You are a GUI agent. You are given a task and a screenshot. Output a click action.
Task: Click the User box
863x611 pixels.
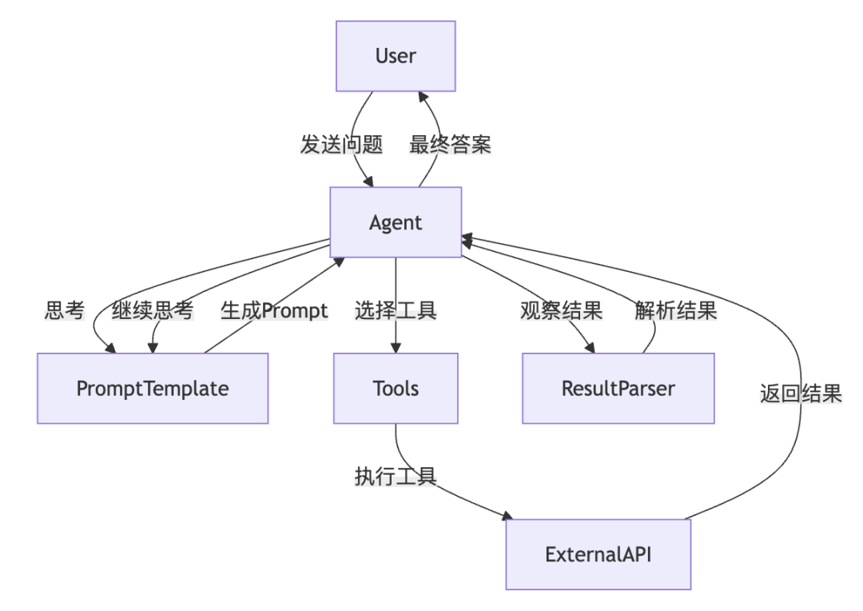(x=396, y=56)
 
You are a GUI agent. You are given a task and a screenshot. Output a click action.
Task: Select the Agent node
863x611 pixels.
(x=396, y=222)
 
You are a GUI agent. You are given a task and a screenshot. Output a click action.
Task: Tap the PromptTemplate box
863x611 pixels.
(x=153, y=389)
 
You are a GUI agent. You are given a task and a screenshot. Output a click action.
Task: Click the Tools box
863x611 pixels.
(x=396, y=389)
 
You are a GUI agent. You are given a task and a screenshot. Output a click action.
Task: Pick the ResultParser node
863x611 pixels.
(x=618, y=389)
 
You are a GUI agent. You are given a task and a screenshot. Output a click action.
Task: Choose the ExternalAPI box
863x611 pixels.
(x=598, y=554)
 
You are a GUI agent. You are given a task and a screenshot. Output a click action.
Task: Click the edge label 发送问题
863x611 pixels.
(x=341, y=145)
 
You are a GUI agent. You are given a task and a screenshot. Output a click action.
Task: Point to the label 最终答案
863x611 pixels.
(x=450, y=145)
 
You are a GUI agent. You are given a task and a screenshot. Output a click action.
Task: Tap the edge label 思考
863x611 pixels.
(x=65, y=311)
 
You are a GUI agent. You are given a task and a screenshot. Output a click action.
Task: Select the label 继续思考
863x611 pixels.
(x=152, y=311)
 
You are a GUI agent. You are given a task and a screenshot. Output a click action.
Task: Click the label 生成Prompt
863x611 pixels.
(x=274, y=311)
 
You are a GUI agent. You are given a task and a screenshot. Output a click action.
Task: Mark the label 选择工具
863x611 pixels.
(x=396, y=311)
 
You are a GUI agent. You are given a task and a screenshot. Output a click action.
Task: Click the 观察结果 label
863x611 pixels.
(x=561, y=311)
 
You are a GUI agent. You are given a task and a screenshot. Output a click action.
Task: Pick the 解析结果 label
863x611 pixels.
(x=675, y=311)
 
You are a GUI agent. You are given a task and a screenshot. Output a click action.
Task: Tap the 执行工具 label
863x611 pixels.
(x=396, y=477)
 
